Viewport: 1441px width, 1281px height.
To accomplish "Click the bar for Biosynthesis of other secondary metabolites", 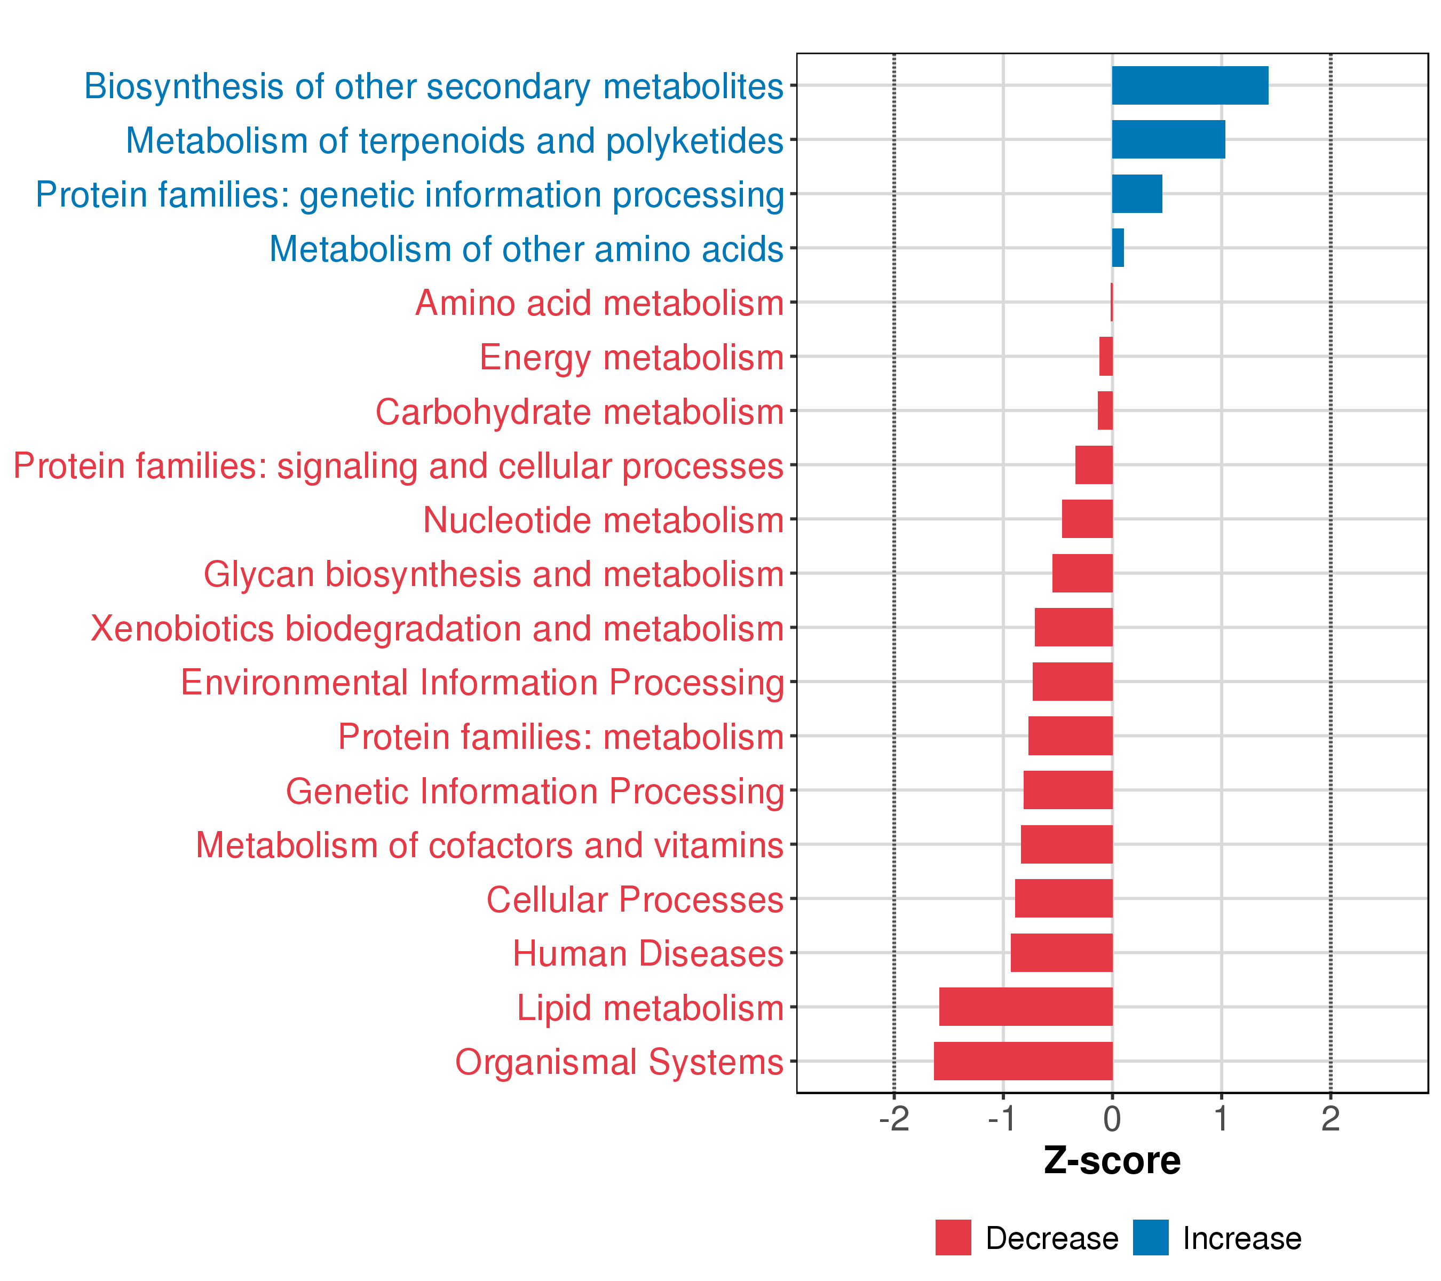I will [x=1190, y=85].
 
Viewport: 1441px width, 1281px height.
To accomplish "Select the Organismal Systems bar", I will [x=1023, y=1061].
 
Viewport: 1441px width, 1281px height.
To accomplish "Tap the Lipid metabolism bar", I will [x=1026, y=1007].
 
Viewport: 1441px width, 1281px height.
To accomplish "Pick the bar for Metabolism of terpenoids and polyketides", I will [x=1168, y=140].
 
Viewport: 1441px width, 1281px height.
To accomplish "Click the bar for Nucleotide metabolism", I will [x=1087, y=519].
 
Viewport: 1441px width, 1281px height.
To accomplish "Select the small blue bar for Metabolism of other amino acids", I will [x=1118, y=248].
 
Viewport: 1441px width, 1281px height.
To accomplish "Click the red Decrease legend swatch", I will [x=953, y=1238].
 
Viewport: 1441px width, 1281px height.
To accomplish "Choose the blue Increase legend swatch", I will [x=1151, y=1238].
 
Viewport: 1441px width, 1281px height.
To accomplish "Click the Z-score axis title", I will [x=1112, y=1161].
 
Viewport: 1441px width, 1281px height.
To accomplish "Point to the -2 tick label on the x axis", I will [x=894, y=1120].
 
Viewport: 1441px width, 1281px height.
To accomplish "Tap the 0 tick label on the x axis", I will [x=1112, y=1120].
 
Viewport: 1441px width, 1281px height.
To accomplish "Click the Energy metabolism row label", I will [x=632, y=358].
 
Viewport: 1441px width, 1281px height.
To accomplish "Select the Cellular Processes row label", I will [x=635, y=899].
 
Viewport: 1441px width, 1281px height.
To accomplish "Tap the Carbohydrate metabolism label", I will [x=580, y=412].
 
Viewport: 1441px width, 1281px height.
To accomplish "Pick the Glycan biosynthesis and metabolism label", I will [x=494, y=574].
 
